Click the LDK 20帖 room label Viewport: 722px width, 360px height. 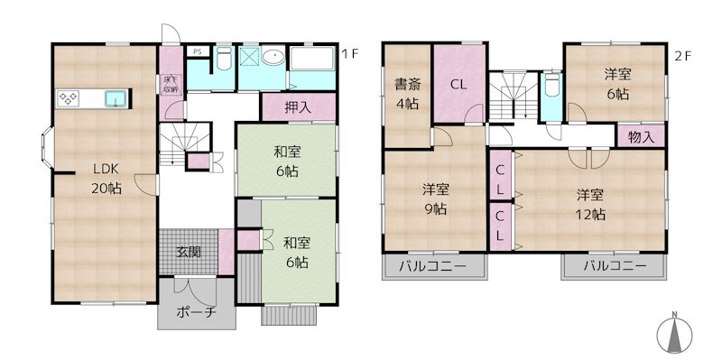(x=106, y=178)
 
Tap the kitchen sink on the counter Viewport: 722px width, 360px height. (x=116, y=99)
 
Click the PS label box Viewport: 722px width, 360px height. (x=197, y=51)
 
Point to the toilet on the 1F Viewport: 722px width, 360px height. (x=224, y=59)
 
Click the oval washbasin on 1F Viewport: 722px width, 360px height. (x=274, y=57)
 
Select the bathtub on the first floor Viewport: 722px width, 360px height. (x=311, y=59)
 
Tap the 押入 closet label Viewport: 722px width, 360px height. (x=298, y=107)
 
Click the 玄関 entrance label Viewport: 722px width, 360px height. (x=189, y=252)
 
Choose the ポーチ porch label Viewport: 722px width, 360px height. (x=196, y=312)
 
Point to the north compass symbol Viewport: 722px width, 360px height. (x=674, y=335)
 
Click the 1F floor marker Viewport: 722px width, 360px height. (x=349, y=54)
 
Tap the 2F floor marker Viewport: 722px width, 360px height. (x=683, y=56)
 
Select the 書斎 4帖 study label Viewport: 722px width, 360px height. (x=408, y=95)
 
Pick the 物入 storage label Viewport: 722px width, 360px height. (x=642, y=137)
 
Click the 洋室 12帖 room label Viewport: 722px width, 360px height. (x=591, y=205)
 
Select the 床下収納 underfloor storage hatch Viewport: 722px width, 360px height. (x=171, y=85)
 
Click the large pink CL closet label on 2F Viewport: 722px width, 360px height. (x=458, y=84)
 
